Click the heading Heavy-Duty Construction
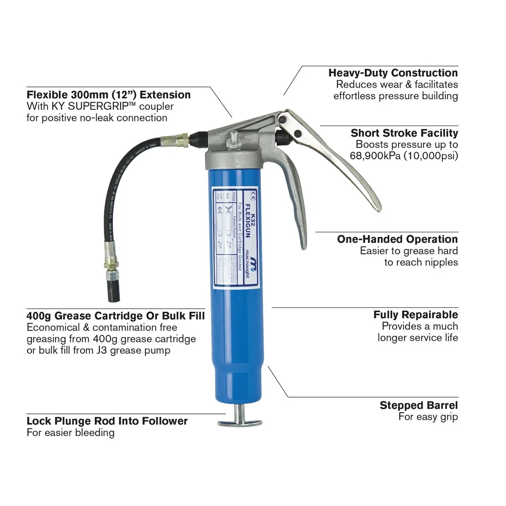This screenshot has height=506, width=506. [x=393, y=73]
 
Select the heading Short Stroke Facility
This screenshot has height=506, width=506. [x=404, y=133]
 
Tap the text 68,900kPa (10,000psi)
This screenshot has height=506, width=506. [x=404, y=155]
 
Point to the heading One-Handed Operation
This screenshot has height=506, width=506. [x=397, y=239]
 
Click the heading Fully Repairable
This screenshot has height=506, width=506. [x=415, y=315]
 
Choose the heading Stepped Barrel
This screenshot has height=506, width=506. [x=418, y=405]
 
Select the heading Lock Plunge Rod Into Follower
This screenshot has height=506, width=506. [x=107, y=421]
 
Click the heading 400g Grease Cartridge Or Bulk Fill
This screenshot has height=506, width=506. [x=115, y=316]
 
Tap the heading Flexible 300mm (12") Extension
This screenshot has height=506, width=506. [x=108, y=95]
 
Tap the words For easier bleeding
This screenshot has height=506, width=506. [x=70, y=433]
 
